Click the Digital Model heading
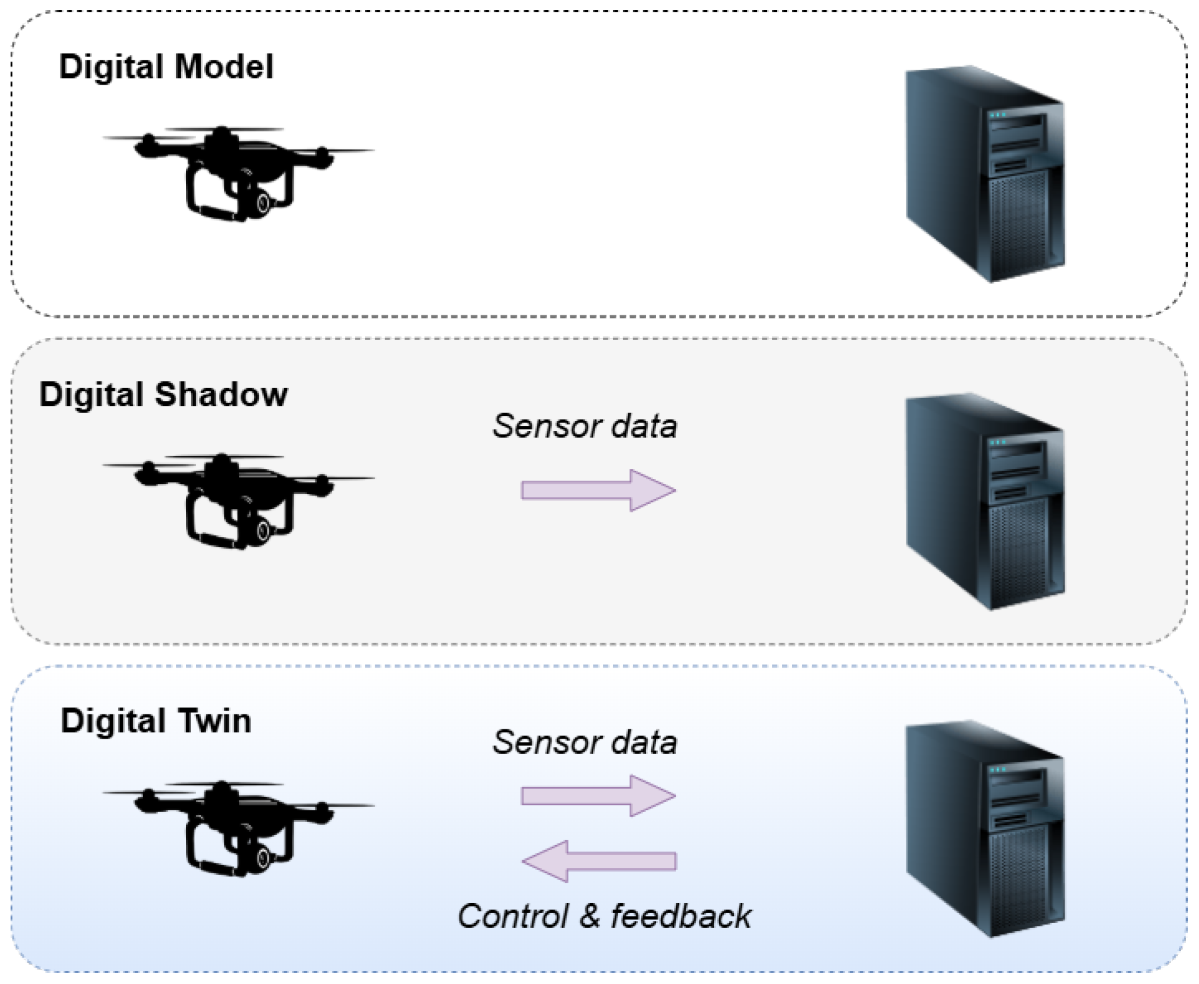click(166, 67)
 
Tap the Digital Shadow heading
click(163, 395)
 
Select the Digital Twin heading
click(156, 721)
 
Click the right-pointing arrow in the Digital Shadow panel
click(598, 491)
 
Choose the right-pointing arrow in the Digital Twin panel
click(598, 796)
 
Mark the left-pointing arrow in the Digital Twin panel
click(598, 861)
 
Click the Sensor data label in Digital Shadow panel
click(585, 427)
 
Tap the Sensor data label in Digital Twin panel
click(585, 742)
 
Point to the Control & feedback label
click(604, 917)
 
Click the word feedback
click(681, 917)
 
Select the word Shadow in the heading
click(221, 395)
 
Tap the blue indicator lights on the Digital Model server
click(998, 115)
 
